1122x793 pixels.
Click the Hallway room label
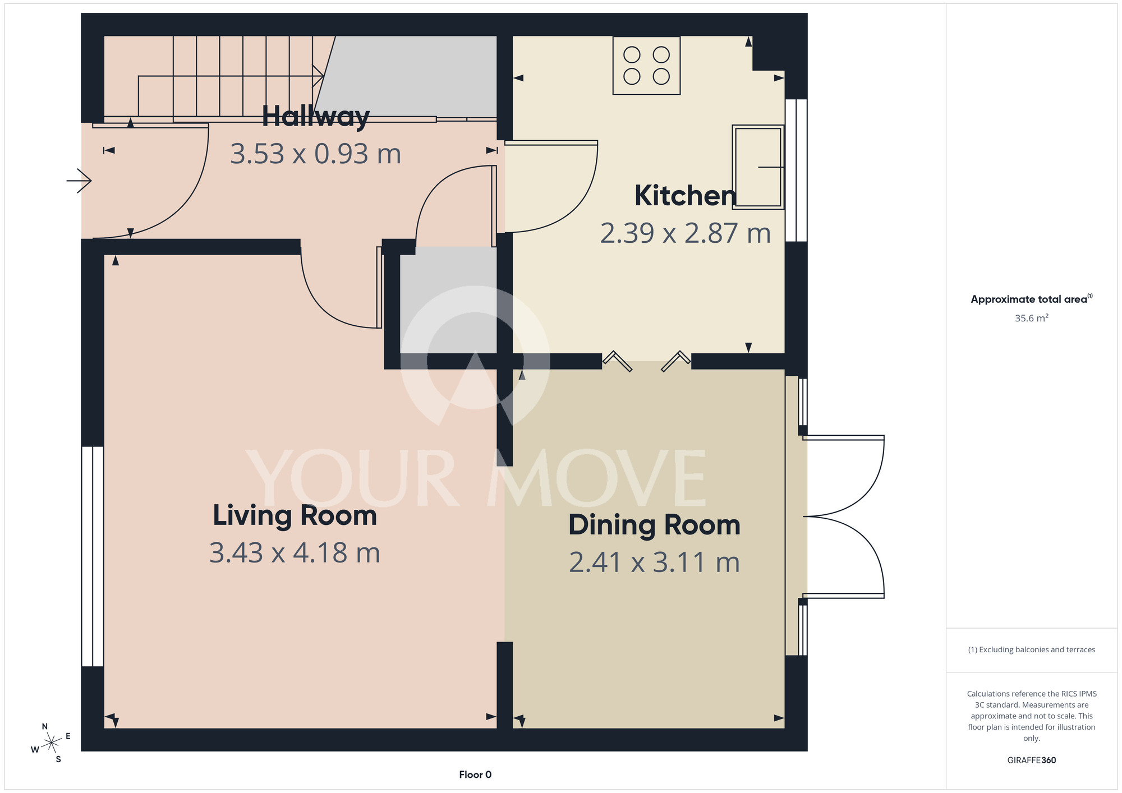click(x=316, y=117)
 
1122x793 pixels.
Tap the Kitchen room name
click(x=686, y=196)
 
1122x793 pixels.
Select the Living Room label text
click(x=295, y=515)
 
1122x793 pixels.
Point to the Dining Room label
click(x=654, y=525)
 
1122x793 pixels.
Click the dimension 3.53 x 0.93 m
click(x=316, y=154)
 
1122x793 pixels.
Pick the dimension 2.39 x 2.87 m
click(x=686, y=233)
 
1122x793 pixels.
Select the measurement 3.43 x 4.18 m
click(x=295, y=553)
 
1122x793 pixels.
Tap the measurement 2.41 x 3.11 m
click(x=654, y=563)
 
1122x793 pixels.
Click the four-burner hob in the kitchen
click(x=646, y=66)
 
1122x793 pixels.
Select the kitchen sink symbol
click(x=758, y=167)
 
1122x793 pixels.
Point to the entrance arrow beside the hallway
click(x=79, y=181)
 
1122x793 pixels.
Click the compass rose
click(x=51, y=743)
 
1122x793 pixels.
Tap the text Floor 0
click(x=475, y=774)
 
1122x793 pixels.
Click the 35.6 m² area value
click(x=1031, y=318)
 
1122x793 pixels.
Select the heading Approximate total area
click(x=1031, y=299)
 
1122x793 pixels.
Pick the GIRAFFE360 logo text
click(x=1031, y=760)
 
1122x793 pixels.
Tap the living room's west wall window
click(x=93, y=556)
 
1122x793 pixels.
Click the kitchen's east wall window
click(x=795, y=170)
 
